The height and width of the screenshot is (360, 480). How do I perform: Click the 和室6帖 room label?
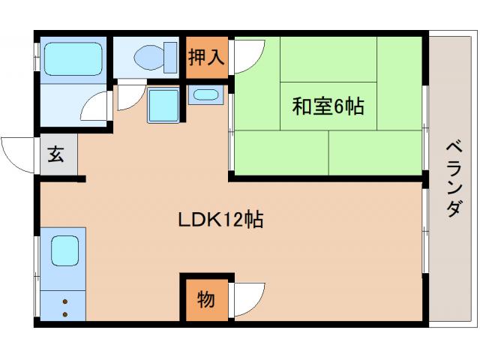tap(328, 106)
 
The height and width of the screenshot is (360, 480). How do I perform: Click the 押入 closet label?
tap(205, 58)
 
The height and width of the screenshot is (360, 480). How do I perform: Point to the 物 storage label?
tap(205, 300)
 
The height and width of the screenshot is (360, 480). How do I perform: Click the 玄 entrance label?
tap(56, 155)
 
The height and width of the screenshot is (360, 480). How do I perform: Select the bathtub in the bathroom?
tap(73, 58)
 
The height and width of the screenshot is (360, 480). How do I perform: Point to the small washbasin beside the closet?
tap(205, 95)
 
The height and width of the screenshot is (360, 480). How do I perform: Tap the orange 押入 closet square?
tap(205, 58)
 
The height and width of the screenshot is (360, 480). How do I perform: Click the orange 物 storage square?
tap(205, 300)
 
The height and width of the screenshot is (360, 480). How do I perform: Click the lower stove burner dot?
tap(64, 313)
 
